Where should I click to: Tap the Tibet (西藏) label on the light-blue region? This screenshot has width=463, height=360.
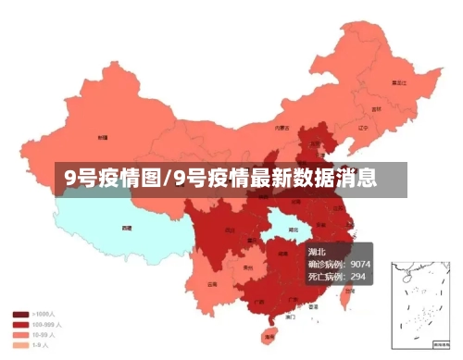(127, 227)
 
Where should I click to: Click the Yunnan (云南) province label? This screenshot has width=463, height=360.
(213, 284)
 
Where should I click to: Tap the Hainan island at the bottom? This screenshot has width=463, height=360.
(270, 334)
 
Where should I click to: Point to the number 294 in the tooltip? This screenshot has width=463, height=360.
(357, 276)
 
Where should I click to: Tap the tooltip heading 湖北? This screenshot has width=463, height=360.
(317, 252)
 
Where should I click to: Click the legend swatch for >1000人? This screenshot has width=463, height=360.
(19, 315)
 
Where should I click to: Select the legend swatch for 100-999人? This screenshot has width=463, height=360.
(19, 325)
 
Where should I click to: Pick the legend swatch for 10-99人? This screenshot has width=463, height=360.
(19, 335)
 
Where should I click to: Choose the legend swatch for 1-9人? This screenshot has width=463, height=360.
(19, 345)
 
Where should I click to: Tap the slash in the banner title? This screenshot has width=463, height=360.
(166, 178)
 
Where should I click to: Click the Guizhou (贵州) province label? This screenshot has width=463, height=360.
(247, 267)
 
